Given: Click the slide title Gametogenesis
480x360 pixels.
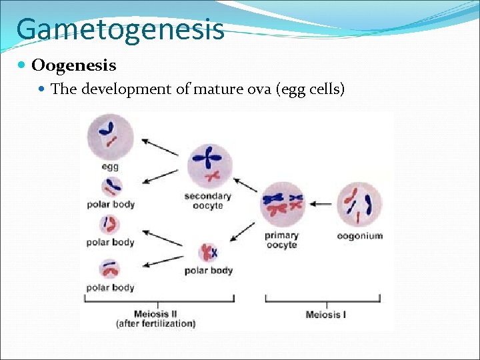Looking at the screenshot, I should coord(120,29).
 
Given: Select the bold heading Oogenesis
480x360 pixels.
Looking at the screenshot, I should coord(73,65).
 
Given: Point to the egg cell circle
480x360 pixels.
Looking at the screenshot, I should coord(110,135).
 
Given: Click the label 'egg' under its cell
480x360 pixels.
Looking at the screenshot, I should coord(110,166).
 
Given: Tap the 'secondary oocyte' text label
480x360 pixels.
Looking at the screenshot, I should coord(208,201).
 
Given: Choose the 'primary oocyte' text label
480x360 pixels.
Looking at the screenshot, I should coord(281,240).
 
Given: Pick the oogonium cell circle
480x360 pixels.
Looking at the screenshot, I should coord(359,204).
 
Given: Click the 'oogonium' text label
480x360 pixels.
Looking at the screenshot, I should coord(360,235).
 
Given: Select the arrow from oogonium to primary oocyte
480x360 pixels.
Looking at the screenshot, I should coord(322,204).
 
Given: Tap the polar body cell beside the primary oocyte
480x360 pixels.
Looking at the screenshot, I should coord(209,253).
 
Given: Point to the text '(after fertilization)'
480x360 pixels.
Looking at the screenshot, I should coord(156,323).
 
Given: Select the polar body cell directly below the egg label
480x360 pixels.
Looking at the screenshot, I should coord(111,187).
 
